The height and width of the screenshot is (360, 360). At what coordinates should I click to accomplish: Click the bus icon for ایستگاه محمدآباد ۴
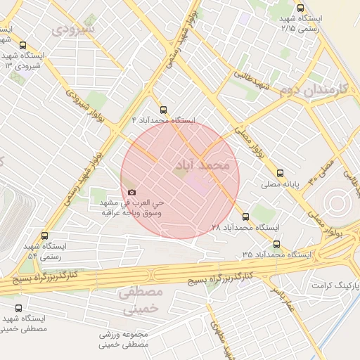pos(164,110)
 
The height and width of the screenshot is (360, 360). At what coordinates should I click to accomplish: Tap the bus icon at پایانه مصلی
pos(280,172)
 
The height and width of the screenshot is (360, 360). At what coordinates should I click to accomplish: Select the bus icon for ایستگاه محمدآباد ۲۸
pos(245,217)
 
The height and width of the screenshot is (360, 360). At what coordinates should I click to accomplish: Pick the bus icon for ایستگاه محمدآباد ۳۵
pos(276,245)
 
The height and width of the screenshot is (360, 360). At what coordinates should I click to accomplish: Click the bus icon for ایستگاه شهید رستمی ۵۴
pos(45,236)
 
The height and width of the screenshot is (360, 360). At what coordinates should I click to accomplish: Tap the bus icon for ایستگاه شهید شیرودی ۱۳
pos(24,44)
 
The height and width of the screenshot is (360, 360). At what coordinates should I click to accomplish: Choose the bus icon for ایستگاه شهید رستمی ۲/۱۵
pos(300,8)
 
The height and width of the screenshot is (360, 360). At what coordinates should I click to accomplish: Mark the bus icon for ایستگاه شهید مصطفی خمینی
pos(18,308)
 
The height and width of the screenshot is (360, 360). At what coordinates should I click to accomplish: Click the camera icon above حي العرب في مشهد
pos(131,192)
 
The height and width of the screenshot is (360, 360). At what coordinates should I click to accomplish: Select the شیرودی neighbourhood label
pos(72,30)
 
